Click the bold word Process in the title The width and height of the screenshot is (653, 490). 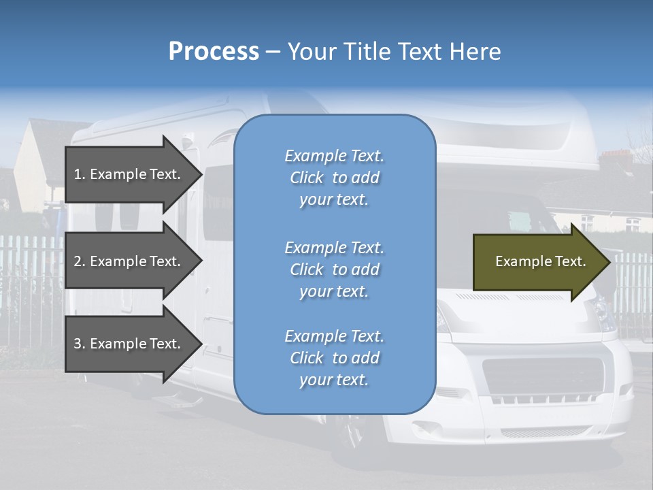tap(214, 51)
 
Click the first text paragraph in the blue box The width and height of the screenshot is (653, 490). tap(334, 178)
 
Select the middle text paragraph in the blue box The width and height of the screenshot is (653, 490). tap(334, 269)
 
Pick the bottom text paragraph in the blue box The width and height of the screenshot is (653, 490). tap(334, 358)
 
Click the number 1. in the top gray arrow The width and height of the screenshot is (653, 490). tap(80, 174)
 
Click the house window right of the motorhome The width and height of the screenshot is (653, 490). tap(632, 224)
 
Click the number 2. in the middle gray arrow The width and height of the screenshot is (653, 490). tap(80, 261)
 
